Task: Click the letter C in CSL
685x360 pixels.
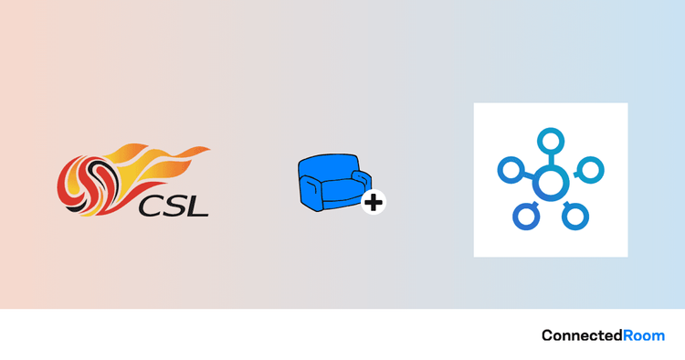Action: click(150, 207)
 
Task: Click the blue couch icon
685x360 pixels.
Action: click(335, 182)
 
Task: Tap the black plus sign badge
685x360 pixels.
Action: click(374, 202)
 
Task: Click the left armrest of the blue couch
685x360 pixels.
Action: click(311, 192)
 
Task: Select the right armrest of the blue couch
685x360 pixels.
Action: click(362, 180)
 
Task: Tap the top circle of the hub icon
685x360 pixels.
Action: click(551, 142)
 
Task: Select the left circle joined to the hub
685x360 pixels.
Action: click(511, 170)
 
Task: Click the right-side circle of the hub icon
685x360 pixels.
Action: click(591, 170)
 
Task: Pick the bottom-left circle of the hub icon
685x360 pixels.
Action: click(526, 217)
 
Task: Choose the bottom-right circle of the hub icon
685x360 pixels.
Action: click(575, 216)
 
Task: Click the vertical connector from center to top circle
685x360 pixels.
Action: click(551, 160)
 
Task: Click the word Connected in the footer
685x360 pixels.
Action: click(582, 335)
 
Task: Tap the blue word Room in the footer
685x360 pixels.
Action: click(644, 335)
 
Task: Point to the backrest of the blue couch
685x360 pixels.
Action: click(330, 167)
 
